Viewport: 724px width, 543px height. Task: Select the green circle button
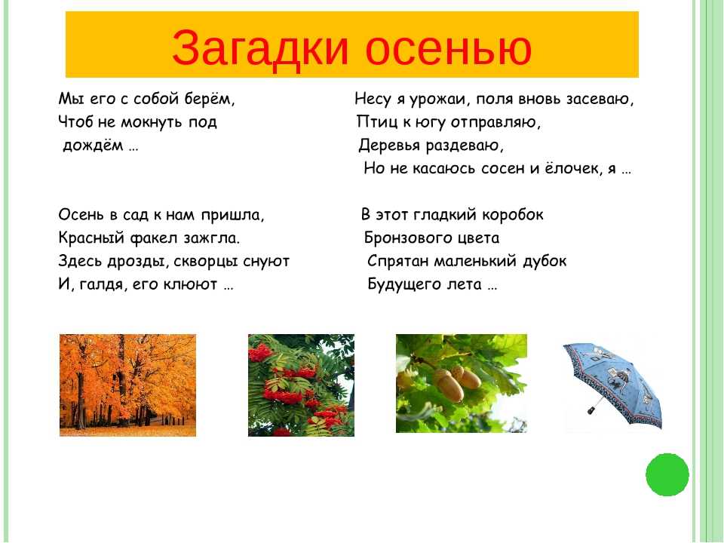[x=667, y=474]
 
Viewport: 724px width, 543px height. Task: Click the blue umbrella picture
[x=612, y=383]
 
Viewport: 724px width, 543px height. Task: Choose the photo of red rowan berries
[x=301, y=385]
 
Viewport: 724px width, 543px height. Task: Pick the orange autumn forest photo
[x=128, y=385]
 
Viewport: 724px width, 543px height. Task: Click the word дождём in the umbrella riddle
[x=93, y=146]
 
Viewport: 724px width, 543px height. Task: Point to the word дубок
[x=545, y=261]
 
